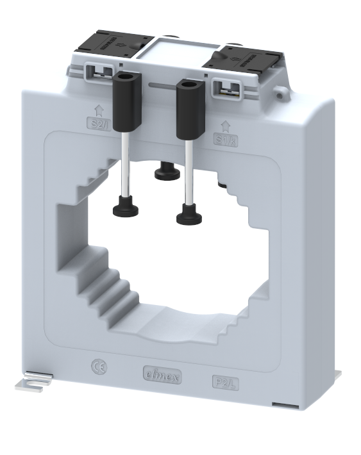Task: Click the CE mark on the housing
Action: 100,368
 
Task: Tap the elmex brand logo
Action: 161,376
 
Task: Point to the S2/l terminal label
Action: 98,123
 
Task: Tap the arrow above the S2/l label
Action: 98,110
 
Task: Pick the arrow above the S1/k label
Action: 225,126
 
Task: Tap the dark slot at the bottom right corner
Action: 283,404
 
